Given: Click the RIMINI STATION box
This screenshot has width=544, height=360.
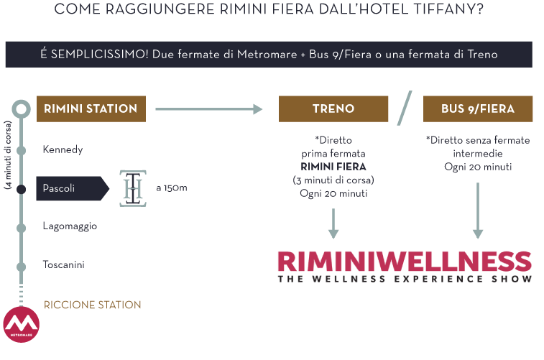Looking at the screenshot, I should [x=91, y=109].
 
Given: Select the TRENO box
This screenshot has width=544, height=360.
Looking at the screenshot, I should [x=333, y=109].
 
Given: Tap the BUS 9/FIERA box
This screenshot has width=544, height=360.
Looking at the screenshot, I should [x=478, y=109].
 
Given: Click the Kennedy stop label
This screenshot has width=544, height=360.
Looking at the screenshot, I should [x=63, y=150].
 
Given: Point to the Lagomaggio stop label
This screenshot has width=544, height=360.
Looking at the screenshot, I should [x=70, y=226].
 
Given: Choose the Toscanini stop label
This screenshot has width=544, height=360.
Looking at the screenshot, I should [x=63, y=265].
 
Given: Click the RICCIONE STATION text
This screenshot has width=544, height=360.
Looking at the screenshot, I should [x=93, y=305].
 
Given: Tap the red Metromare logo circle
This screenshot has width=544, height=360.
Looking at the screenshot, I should [x=22, y=324].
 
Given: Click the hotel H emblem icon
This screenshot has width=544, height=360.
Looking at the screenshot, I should [x=133, y=188].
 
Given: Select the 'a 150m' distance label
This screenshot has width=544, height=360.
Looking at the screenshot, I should [x=172, y=189].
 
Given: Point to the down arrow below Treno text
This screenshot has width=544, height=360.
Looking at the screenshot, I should [x=333, y=223].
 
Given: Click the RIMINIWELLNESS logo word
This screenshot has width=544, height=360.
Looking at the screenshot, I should [x=405, y=260].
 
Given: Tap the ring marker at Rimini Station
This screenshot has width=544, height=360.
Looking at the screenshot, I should [x=22, y=110].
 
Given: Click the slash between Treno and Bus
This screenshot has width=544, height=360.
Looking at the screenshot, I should [x=404, y=109].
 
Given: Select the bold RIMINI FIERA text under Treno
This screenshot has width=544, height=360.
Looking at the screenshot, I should [x=333, y=166].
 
